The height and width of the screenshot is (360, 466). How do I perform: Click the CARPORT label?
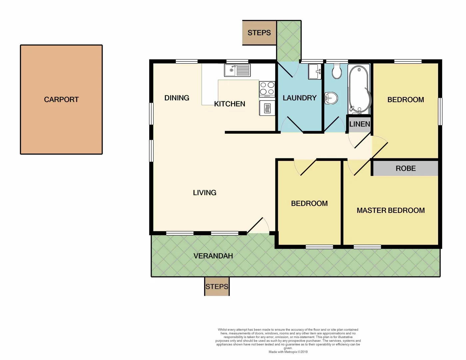pos(61,100)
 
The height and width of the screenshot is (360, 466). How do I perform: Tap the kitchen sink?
pos(237,70)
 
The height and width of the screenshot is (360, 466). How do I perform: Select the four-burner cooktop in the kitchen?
pos(267,89)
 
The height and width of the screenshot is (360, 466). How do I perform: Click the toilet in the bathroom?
pos(336,71)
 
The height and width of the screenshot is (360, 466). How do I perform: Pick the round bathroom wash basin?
pos(331,98)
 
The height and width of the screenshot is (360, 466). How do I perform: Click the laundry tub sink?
pos(314,71)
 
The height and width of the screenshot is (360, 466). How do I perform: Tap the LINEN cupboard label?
pos(359,124)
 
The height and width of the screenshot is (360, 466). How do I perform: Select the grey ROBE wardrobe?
pos(405,168)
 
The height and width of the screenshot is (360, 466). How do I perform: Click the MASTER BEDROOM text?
pos(390,210)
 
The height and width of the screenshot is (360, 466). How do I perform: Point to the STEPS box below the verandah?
pos(217,287)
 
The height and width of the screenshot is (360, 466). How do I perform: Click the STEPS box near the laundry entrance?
pos(259,33)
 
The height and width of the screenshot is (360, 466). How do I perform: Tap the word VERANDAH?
pos(213,256)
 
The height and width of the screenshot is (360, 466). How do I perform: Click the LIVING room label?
pos(205,193)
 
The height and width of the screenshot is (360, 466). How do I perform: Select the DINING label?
pos(177,98)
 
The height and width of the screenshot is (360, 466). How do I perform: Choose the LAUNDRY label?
pos(299,98)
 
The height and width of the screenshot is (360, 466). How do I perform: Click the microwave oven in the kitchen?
pos(267,108)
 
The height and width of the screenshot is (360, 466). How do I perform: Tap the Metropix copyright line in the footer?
pos(288,352)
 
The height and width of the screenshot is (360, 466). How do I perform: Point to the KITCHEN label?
pos(230,104)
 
